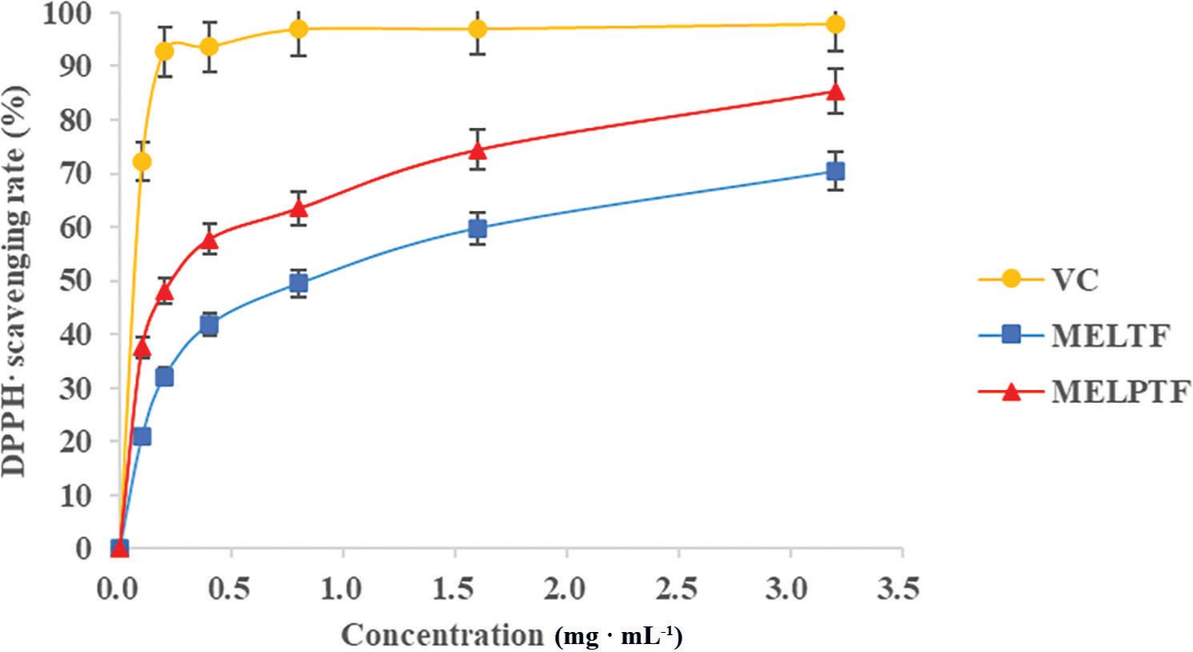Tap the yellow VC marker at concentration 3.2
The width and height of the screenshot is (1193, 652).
pos(836,24)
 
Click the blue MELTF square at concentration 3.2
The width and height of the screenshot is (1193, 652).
pos(836,171)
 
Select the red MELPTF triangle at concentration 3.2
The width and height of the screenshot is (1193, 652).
pos(836,91)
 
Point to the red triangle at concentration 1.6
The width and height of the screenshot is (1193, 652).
pos(478,149)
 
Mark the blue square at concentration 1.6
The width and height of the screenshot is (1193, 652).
pos(478,229)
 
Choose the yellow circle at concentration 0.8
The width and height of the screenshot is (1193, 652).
pos(299,29)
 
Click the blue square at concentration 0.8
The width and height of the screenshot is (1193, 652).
pos(299,283)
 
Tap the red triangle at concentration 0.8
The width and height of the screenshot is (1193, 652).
pos(299,209)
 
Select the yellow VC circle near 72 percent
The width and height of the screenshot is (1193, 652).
pos(142,161)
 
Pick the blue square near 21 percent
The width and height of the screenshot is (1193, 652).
pos(142,436)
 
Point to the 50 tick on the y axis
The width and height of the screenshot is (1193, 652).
pos(76,281)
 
